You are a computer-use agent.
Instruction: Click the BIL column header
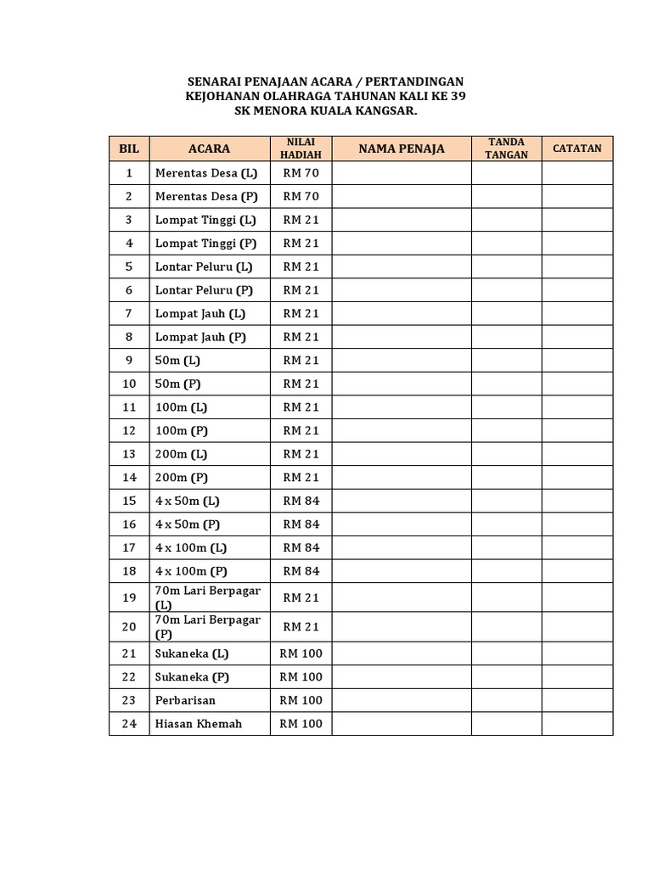click(x=129, y=149)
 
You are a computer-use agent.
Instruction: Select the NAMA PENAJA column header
click(x=402, y=149)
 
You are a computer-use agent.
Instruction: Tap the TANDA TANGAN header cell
click(x=507, y=149)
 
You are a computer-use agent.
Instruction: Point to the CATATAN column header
click(x=577, y=149)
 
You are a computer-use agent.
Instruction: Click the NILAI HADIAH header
click(x=301, y=149)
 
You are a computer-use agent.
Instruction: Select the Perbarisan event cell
click(x=185, y=701)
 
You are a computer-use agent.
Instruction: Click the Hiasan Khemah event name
click(x=199, y=724)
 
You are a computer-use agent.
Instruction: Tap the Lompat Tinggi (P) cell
click(x=205, y=244)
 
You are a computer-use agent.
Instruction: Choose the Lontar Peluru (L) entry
click(x=204, y=266)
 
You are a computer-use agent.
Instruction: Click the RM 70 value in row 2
click(x=301, y=197)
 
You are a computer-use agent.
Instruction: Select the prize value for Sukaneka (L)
click(x=301, y=653)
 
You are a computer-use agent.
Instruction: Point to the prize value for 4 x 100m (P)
click(x=301, y=571)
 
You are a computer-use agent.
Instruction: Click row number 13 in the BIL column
click(x=129, y=454)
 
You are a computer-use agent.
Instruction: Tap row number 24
click(x=129, y=724)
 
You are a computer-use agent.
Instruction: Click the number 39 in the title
click(x=458, y=97)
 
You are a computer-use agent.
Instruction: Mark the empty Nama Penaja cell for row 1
click(x=402, y=173)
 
